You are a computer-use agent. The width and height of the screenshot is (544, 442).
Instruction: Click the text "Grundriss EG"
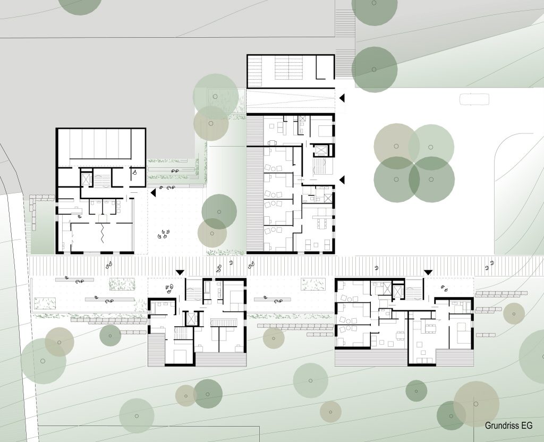coord(508,426)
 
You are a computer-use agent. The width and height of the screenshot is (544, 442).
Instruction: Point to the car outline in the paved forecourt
coord(474,99)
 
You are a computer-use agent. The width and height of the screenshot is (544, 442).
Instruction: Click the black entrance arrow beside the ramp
coord(342,98)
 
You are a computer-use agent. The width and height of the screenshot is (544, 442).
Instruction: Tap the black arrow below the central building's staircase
coord(342,180)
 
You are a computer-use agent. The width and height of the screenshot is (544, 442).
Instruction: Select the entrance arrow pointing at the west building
coord(153,193)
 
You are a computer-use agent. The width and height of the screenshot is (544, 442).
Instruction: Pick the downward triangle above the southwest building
coord(180,273)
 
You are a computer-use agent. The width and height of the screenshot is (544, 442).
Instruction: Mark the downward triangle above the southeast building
coord(428,273)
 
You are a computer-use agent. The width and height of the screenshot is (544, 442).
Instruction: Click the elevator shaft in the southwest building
coord(191,319)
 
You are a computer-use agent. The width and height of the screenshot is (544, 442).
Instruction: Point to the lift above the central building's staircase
coord(320,150)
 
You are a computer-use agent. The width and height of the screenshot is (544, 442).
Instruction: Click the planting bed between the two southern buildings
coord(313,284)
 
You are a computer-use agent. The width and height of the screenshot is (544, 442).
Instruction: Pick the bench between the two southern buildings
coord(272,300)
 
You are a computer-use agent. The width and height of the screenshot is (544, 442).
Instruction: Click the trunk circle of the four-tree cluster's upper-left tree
coord(396,147)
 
